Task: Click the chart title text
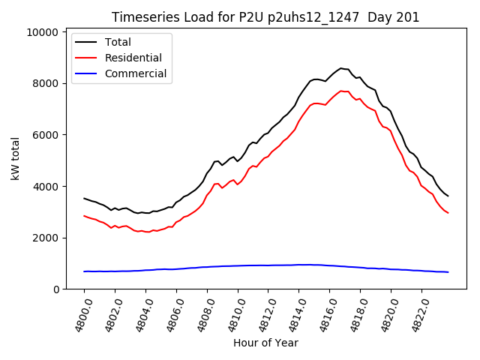pyautogui.click(x=265, y=17)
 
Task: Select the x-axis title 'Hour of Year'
pyautogui.click(x=265, y=343)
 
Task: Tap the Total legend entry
pyautogui.click(x=118, y=42)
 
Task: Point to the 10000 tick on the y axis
pyautogui.click(x=40, y=32)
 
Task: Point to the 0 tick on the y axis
pyautogui.click(x=55, y=289)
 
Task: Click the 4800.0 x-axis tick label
pyautogui.click(x=77, y=313)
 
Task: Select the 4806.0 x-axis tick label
pyautogui.click(x=169, y=313)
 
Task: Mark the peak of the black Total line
pyautogui.click(x=341, y=68)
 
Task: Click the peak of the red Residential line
pyautogui.click(x=341, y=91)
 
